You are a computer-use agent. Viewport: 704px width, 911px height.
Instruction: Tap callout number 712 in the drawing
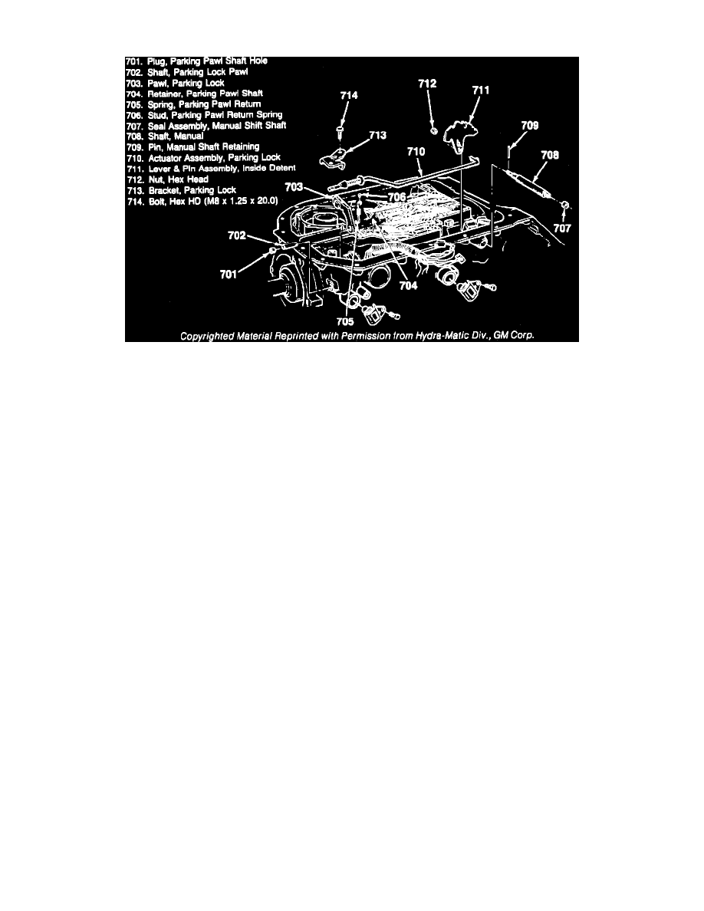coord(428,81)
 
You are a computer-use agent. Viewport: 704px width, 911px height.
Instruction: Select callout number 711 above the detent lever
coord(480,90)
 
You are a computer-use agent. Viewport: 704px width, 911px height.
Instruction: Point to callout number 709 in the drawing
coord(528,124)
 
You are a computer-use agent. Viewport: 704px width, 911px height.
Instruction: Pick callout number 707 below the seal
coord(564,228)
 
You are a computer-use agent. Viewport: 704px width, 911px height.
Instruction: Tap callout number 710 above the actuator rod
coord(416,153)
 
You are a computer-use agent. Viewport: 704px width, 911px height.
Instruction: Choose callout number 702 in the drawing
coord(236,237)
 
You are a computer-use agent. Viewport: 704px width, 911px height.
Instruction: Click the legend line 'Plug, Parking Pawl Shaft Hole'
coord(198,61)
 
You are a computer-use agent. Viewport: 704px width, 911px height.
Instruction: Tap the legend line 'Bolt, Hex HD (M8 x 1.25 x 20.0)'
coord(203,200)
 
